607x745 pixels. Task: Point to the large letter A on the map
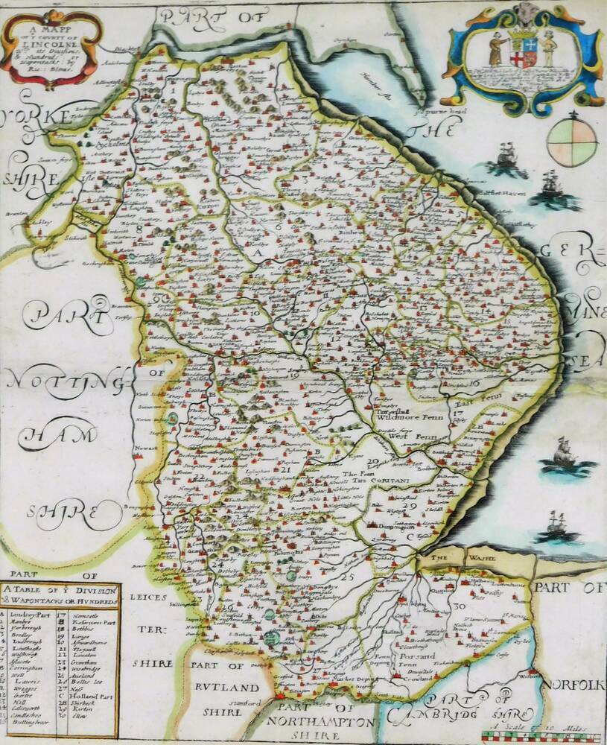tap(259, 254)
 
